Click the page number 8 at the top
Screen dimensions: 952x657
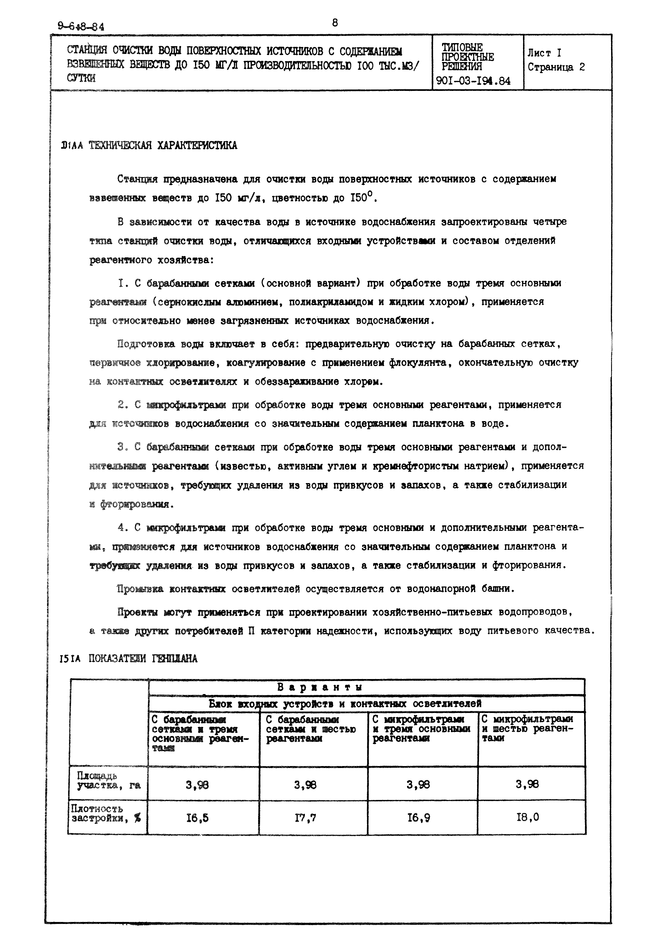(x=335, y=23)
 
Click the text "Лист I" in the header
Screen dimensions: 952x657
(x=544, y=53)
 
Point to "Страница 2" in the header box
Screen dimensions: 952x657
(x=556, y=67)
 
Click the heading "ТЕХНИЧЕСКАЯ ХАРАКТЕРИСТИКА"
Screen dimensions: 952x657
(x=163, y=145)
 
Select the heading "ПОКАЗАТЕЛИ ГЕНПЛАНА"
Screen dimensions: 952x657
(x=143, y=659)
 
